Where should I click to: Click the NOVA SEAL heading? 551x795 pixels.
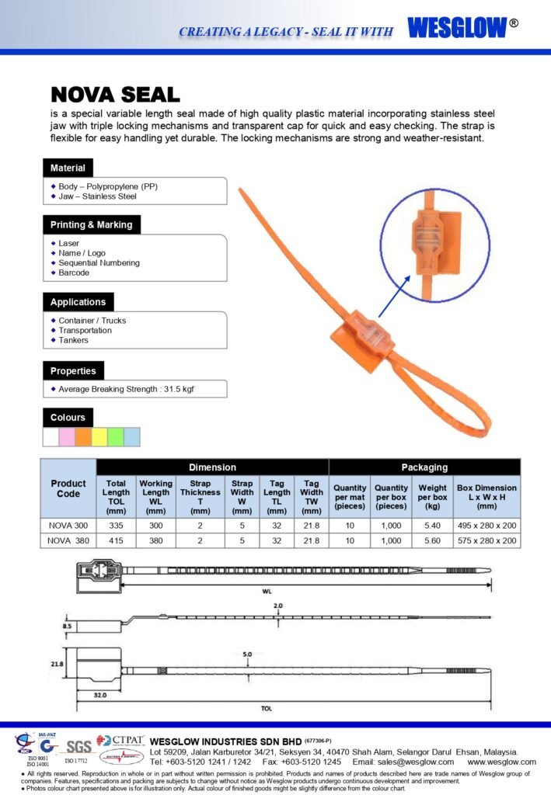click(115, 95)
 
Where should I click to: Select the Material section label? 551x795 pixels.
click(68, 168)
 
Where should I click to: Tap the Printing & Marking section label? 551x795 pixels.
click(91, 224)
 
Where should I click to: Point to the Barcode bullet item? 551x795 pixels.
click(74, 273)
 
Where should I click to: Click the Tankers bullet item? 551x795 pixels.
click(73, 340)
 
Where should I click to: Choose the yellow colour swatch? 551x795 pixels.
click(99, 437)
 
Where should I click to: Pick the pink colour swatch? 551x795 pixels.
click(67, 437)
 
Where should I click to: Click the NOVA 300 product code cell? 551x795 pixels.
click(68, 526)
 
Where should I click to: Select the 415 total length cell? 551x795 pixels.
click(116, 540)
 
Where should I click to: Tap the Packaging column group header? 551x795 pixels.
click(424, 467)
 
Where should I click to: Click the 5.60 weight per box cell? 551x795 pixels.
click(432, 540)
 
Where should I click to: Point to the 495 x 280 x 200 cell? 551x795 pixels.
click(487, 526)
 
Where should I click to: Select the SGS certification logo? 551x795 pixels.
click(78, 746)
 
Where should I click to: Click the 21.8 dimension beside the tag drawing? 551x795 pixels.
click(57, 664)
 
